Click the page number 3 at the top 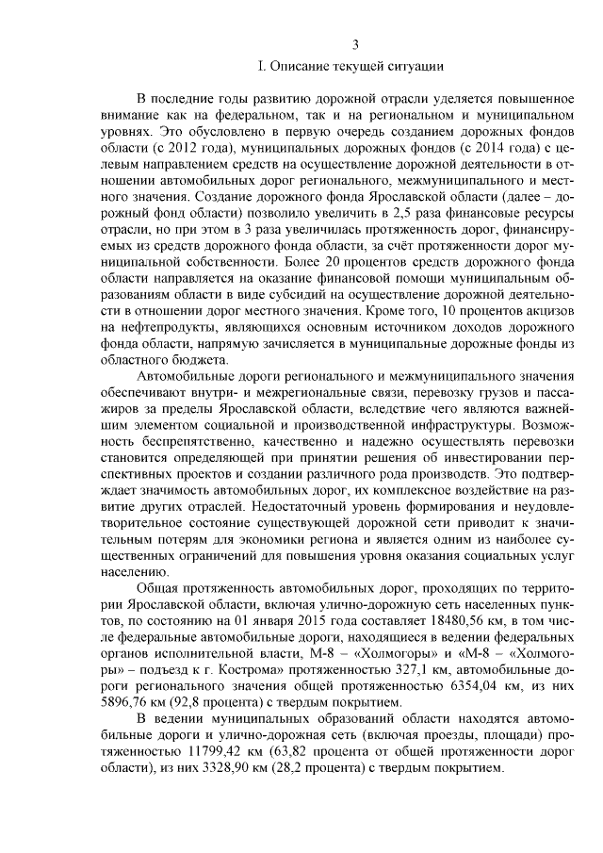click(x=355, y=43)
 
